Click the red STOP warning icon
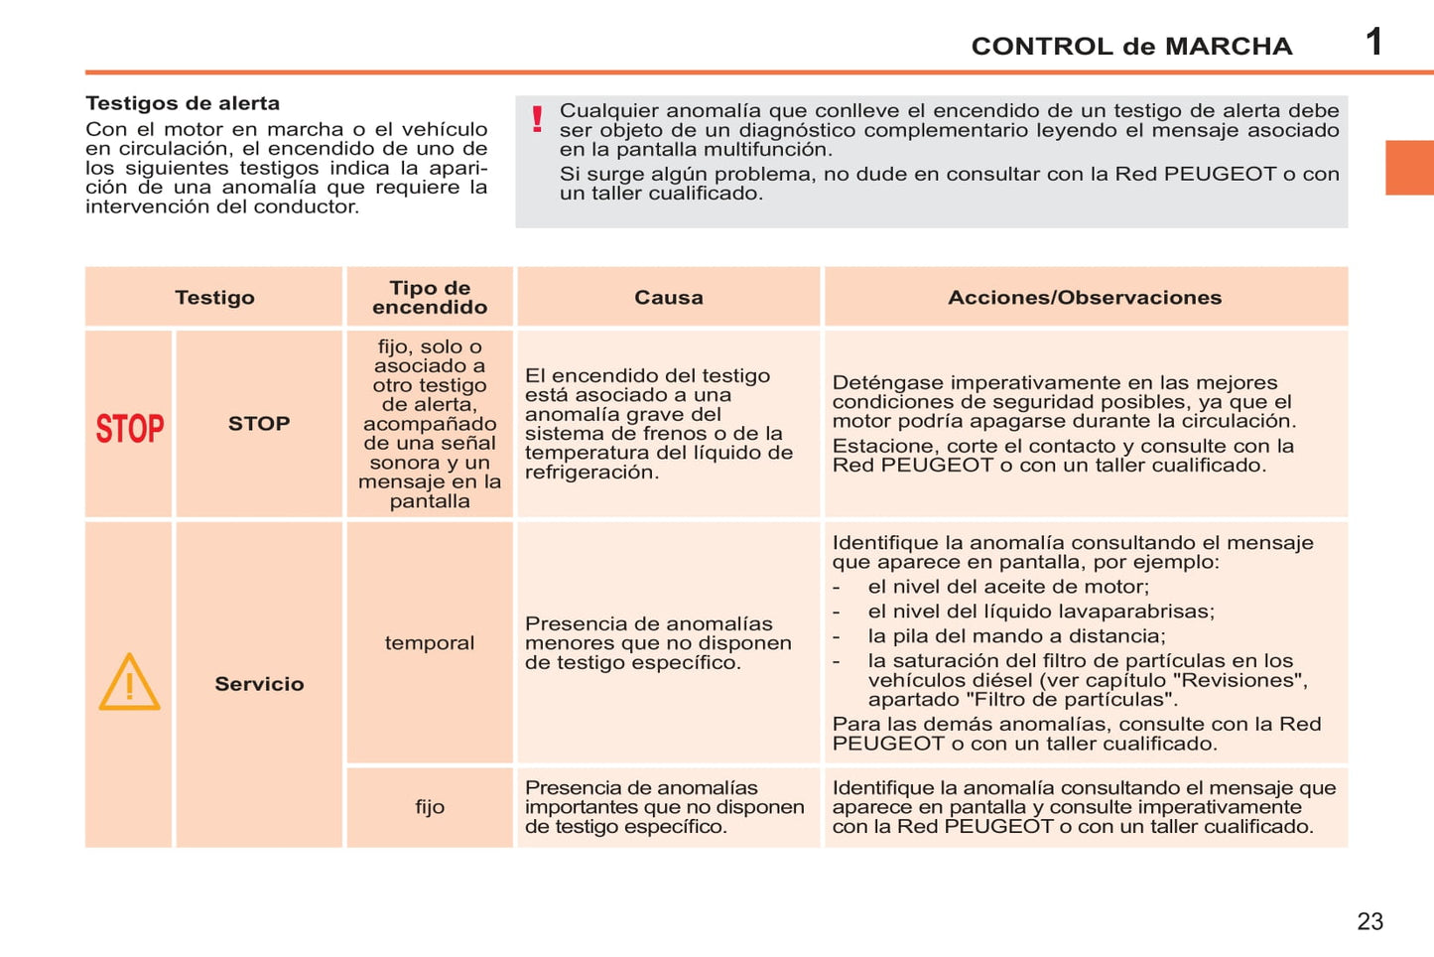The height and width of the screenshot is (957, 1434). [x=129, y=428]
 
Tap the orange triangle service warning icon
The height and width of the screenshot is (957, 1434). [x=129, y=683]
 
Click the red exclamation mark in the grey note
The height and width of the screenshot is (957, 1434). [x=537, y=119]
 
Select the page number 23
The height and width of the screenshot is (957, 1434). [x=1369, y=921]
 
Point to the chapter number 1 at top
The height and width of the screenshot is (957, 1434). [x=1373, y=42]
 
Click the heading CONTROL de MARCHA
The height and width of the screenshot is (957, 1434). [x=1131, y=47]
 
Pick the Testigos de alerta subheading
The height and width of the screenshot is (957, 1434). [x=183, y=103]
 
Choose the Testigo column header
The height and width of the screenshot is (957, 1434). [x=214, y=297]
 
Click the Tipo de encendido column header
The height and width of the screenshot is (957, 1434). [x=430, y=297]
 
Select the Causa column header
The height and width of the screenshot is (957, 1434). [x=668, y=297]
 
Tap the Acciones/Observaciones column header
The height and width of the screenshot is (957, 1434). [x=1085, y=297]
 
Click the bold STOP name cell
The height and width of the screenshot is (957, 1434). [x=259, y=424]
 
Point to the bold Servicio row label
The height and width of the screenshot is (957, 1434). [x=259, y=684]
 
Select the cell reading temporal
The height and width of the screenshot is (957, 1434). [x=430, y=642]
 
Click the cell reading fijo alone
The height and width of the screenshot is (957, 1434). [x=430, y=807]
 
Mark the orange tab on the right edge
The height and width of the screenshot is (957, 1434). [x=1409, y=168]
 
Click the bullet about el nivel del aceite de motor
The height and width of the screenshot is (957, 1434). [x=1007, y=587]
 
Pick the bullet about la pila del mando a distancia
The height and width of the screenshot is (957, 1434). [x=1016, y=636]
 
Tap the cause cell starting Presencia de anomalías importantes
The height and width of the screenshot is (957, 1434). [x=664, y=807]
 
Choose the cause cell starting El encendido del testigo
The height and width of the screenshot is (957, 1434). [x=658, y=424]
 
